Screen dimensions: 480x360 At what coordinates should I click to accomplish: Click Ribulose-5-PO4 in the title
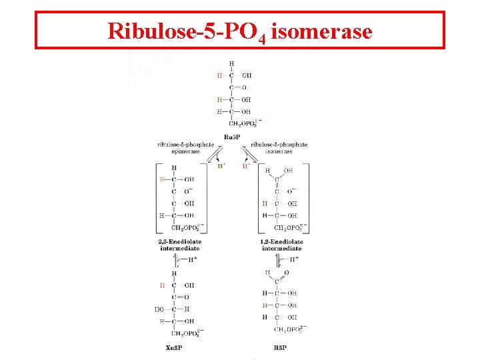pyautogui.click(x=187, y=31)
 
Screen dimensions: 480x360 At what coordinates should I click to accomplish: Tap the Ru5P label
pyautogui.click(x=232, y=137)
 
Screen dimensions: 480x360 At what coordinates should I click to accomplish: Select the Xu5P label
pyautogui.click(x=174, y=347)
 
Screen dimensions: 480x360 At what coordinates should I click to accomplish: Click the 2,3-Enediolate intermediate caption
pyautogui.click(x=180, y=245)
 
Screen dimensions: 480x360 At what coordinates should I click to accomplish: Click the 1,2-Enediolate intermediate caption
pyautogui.click(x=282, y=245)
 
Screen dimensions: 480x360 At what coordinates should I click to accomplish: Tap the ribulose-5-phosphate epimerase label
pyautogui.click(x=186, y=147)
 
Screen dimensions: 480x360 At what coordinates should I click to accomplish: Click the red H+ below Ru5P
pyautogui.click(x=221, y=167)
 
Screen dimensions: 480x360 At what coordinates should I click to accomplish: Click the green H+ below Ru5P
pyautogui.click(x=246, y=167)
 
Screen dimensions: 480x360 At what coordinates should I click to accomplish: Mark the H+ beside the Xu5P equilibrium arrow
pyautogui.click(x=193, y=259)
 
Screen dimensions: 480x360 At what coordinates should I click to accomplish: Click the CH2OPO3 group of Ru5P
pyautogui.click(x=245, y=123)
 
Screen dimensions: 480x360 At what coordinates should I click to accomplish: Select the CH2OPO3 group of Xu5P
pyautogui.click(x=187, y=333)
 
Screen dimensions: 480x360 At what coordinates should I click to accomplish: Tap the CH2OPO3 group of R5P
pyautogui.click(x=290, y=329)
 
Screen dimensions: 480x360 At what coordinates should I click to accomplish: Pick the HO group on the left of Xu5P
pyautogui.click(x=159, y=309)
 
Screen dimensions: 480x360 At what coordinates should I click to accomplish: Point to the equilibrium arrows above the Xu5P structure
pyautogui.click(x=180, y=260)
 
